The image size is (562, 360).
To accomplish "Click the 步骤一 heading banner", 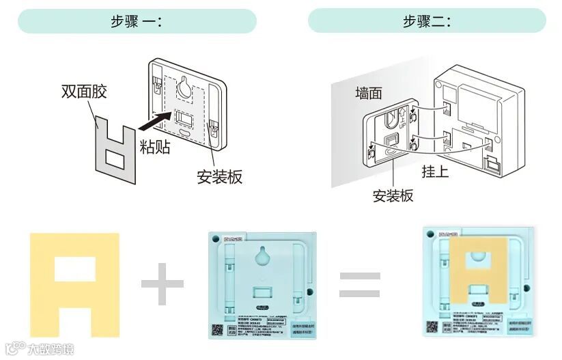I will coord(137,20).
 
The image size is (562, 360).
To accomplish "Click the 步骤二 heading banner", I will coord(427,20).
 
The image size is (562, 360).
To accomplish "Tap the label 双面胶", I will coord(84,92).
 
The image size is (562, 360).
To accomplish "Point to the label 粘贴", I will coord(155,148).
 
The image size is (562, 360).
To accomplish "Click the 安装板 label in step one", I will coord(219,177).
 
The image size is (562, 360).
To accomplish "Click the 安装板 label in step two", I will coord(393,196).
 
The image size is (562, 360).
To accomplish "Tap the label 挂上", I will coord(435,171).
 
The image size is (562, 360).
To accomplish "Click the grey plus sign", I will coord(163,283).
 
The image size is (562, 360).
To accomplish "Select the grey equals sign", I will coord(360,284).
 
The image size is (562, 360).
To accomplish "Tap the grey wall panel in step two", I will coord(345,137).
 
